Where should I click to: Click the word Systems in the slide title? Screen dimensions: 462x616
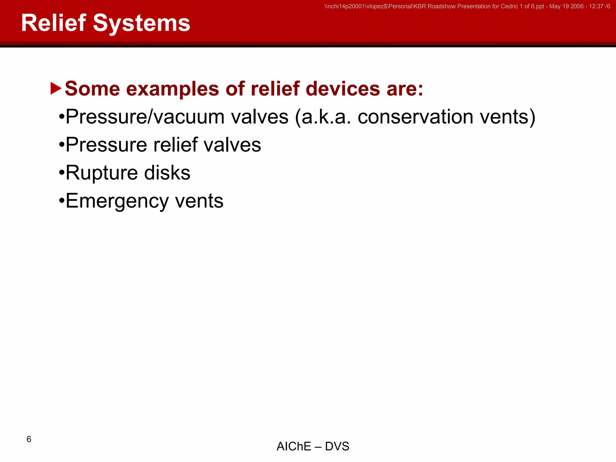[141, 23]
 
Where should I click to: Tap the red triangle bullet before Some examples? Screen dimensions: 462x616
[56, 88]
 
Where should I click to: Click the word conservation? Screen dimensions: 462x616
[415, 117]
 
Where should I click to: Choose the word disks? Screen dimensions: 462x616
[167, 173]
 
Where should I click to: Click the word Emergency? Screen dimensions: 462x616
[117, 201]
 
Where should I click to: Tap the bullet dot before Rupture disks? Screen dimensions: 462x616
[62, 173]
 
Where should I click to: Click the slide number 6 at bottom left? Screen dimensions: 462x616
[29, 439]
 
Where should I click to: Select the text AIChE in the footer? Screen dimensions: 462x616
[294, 446]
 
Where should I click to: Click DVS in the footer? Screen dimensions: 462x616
[337, 446]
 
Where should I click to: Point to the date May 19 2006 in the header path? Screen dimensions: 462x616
[566, 6]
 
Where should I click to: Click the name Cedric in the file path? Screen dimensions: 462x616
[509, 6]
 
